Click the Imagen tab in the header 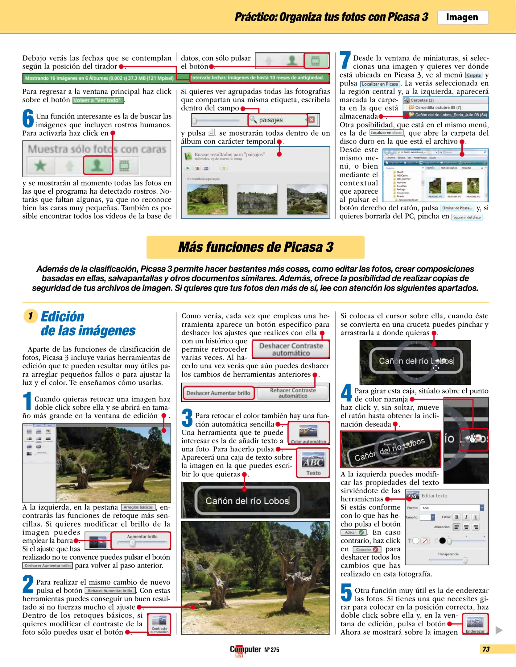pos(462,17)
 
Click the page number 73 pos(486,649)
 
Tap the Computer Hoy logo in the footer pos(245,650)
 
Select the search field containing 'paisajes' pos(277,120)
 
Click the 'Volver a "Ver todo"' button pos(98,100)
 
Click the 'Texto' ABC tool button pos(313,463)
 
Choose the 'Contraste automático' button pos(159,624)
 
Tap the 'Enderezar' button pos(475,624)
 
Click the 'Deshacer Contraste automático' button pos(291,349)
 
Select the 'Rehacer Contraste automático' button pos(293,393)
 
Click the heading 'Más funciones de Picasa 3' pos(255,247)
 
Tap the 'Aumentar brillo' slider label pos(142,536)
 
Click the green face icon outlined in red pos(98,166)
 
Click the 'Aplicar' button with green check pos(353,532)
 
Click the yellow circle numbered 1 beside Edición pos(31,316)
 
